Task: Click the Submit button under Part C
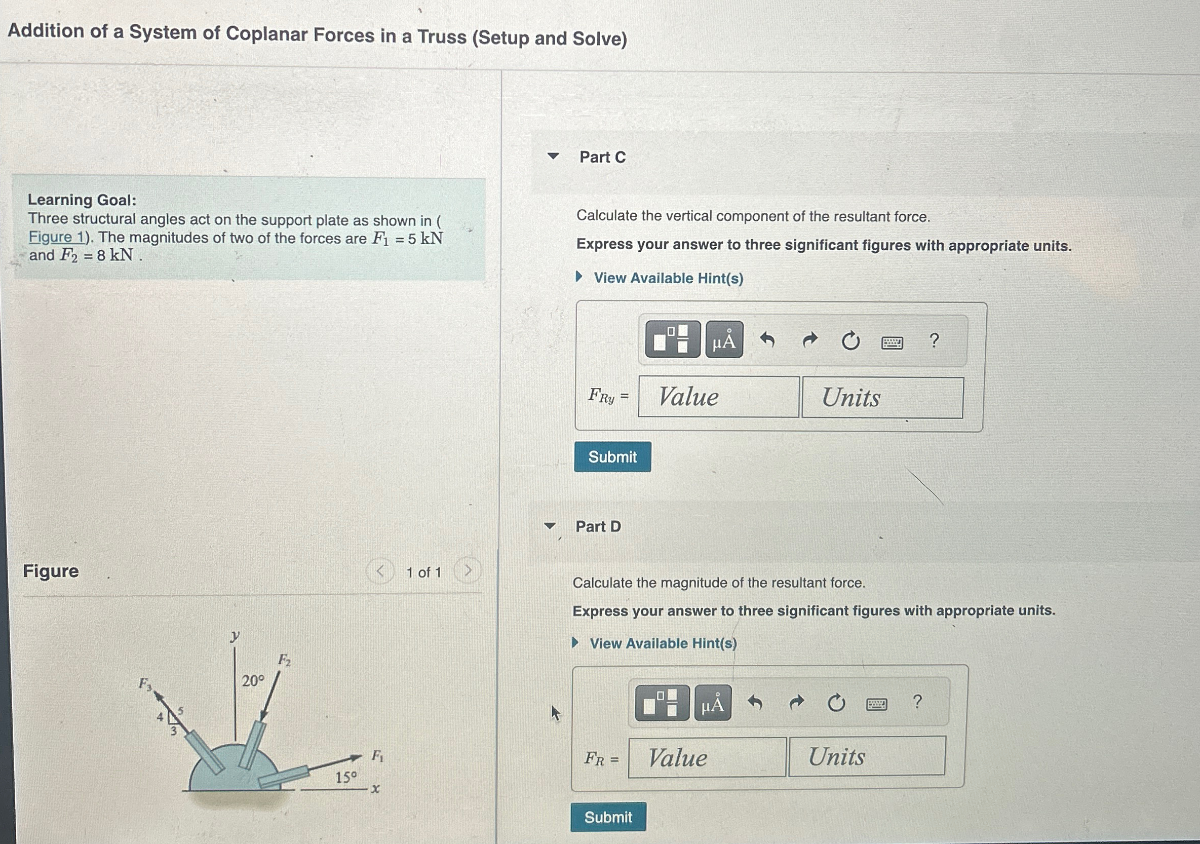click(612, 457)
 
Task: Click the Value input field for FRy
click(718, 397)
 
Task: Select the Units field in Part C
click(882, 398)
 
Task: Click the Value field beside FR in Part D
click(707, 757)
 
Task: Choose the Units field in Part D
click(866, 756)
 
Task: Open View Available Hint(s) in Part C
click(668, 278)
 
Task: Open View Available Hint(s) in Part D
click(663, 643)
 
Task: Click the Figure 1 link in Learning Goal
click(56, 237)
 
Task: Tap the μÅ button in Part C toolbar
click(724, 341)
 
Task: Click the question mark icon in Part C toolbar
click(934, 341)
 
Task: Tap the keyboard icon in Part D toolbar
click(876, 705)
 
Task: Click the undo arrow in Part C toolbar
click(767, 341)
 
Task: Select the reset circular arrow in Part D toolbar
click(836, 703)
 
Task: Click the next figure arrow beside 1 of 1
click(468, 570)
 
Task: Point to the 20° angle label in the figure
click(253, 680)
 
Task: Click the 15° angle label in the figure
click(346, 777)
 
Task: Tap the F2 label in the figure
click(284, 660)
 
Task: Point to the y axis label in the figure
click(235, 635)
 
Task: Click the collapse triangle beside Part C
click(553, 156)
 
